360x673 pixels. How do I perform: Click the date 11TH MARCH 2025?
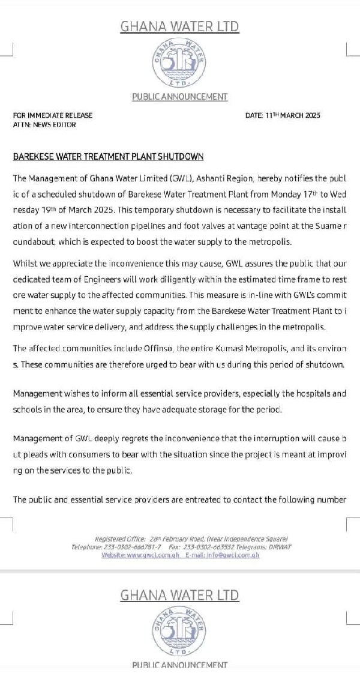pyautogui.click(x=292, y=115)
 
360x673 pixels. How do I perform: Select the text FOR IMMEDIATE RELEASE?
pyautogui.click(x=53, y=115)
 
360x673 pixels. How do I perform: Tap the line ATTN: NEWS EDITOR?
pyautogui.click(x=44, y=125)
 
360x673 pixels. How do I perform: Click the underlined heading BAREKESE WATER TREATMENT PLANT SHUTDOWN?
pyautogui.click(x=108, y=157)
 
